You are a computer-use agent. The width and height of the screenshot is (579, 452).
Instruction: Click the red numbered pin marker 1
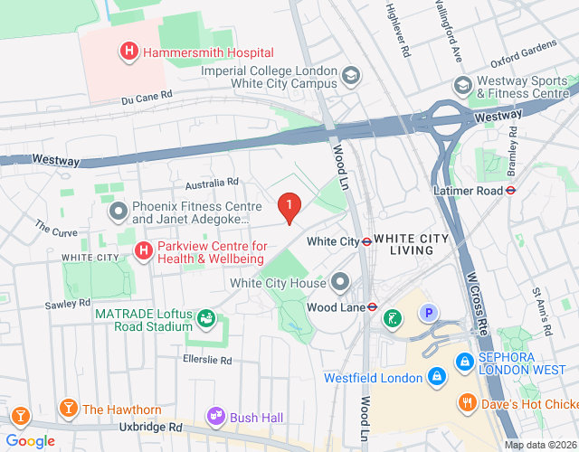pyautogui.click(x=289, y=208)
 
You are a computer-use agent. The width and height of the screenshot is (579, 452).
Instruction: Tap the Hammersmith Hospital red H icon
pyautogui.click(x=129, y=52)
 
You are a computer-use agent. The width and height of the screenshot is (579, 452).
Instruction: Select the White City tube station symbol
pyautogui.click(x=367, y=241)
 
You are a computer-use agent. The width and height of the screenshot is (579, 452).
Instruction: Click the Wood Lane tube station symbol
pyautogui.click(x=371, y=306)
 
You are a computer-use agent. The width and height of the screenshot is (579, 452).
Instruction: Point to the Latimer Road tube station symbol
pyautogui.click(x=510, y=190)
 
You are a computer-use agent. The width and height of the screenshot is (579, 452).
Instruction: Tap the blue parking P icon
pyautogui.click(x=427, y=314)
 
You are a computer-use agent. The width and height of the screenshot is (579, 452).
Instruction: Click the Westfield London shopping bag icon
pyautogui.click(x=437, y=375)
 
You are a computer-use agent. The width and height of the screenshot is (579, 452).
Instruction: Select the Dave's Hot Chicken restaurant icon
pyautogui.click(x=467, y=402)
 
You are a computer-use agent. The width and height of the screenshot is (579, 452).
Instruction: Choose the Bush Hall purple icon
pyautogui.click(x=216, y=417)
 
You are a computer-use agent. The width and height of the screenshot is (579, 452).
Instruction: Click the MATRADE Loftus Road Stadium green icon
pyautogui.click(x=206, y=318)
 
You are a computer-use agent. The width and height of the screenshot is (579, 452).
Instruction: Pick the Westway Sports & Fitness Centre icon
pyautogui.click(x=463, y=84)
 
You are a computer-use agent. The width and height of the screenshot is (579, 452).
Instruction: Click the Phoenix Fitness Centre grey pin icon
pyautogui.click(x=118, y=212)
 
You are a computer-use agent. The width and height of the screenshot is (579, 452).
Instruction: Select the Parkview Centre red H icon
pyautogui.click(x=142, y=250)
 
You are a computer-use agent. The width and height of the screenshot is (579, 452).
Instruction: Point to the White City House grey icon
pyautogui.click(x=340, y=283)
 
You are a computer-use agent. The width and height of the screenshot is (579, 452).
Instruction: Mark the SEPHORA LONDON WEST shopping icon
pyautogui.click(x=464, y=360)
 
